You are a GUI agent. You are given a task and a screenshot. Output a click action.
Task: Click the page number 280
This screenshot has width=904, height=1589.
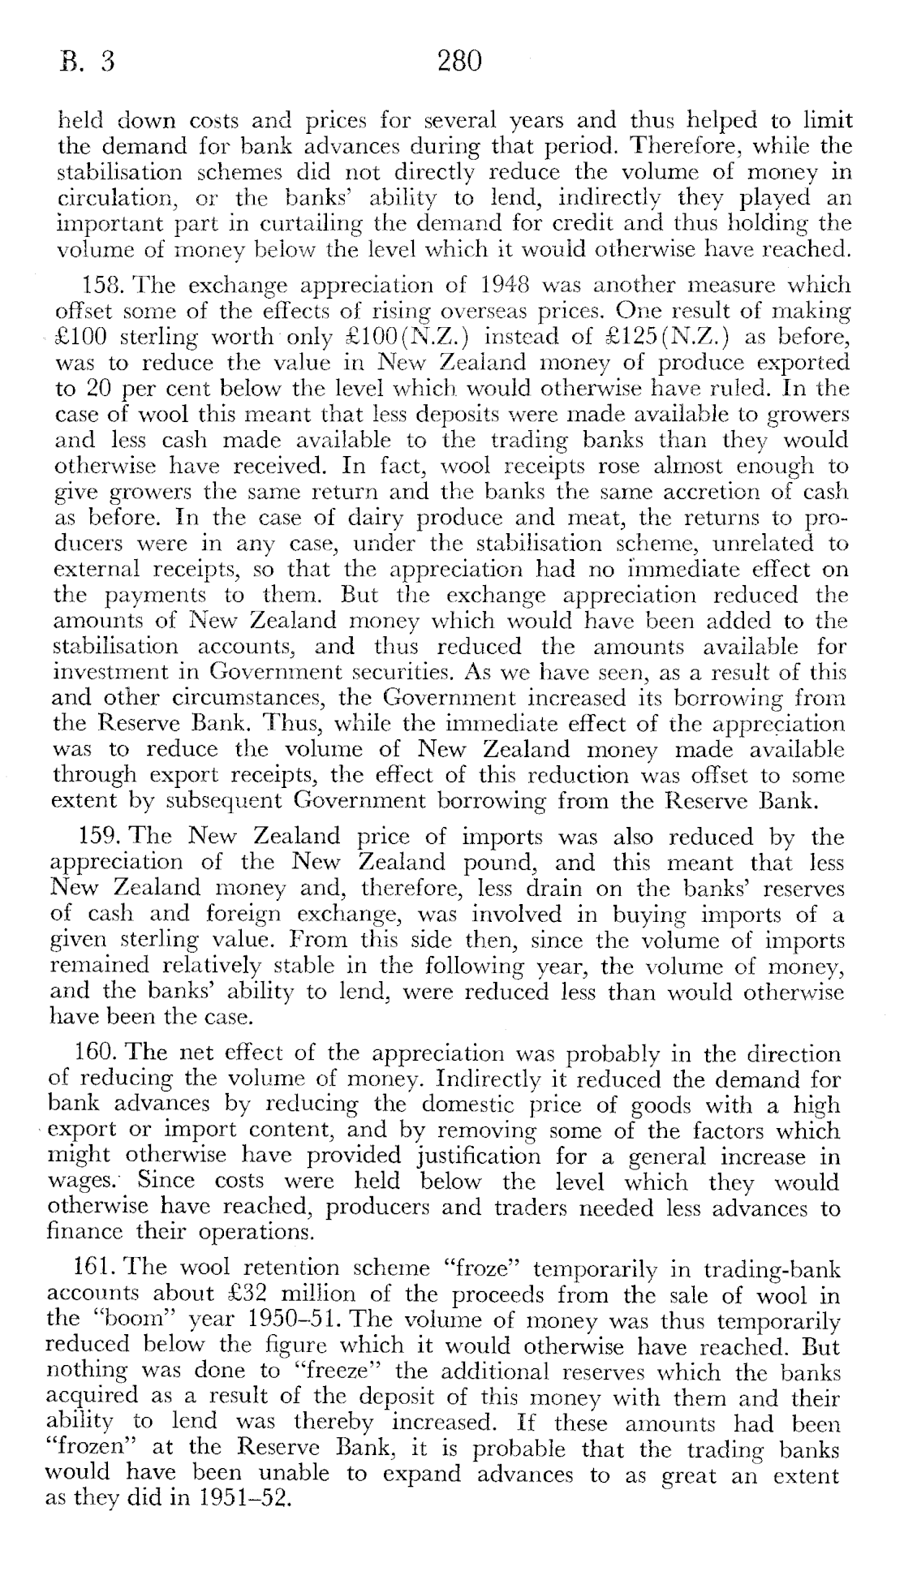[x=459, y=62]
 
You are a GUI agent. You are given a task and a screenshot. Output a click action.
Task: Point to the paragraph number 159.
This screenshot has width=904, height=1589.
[x=101, y=836]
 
